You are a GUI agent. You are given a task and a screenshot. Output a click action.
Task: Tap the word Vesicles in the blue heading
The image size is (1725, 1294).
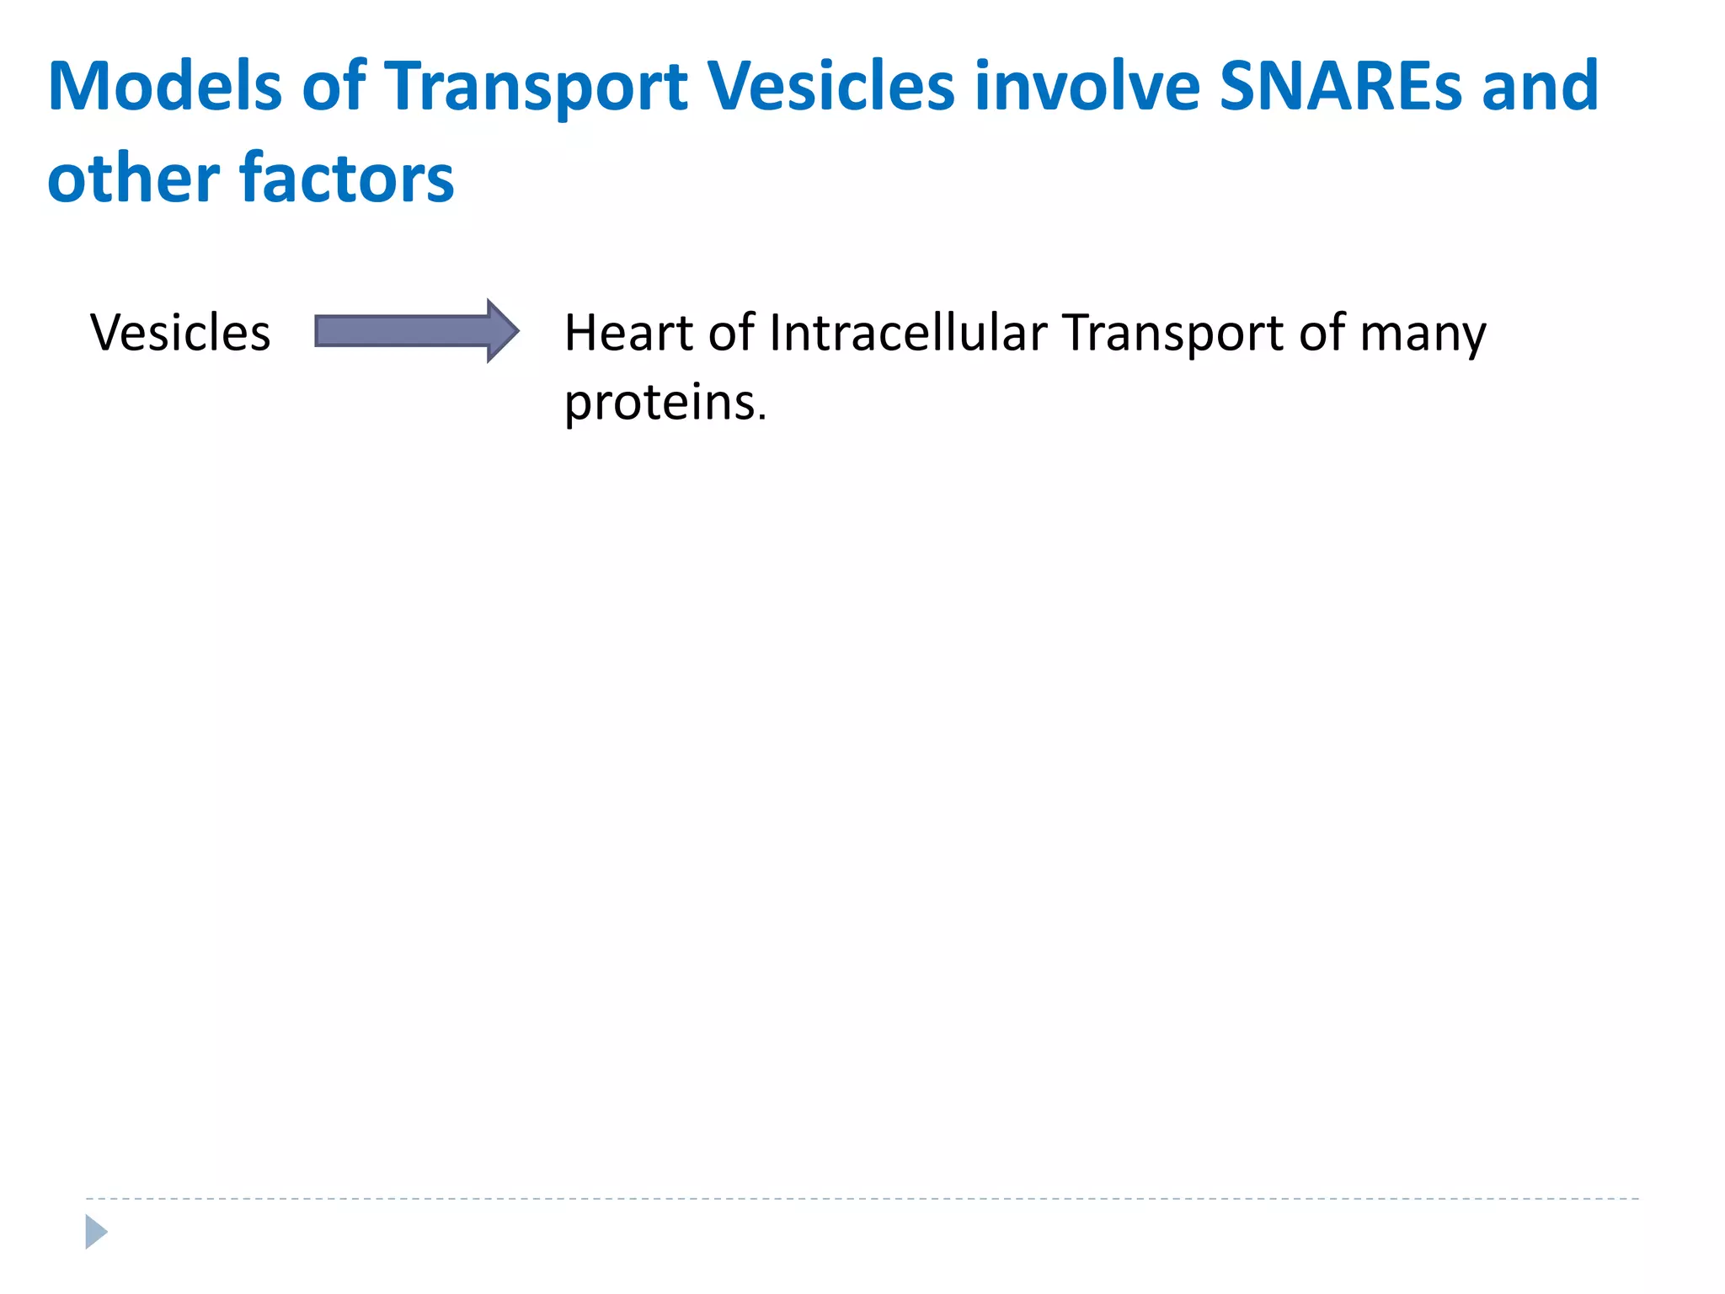point(830,86)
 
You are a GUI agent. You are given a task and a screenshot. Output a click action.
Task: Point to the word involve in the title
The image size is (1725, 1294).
point(1087,86)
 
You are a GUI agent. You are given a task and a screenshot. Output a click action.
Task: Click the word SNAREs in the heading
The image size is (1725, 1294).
point(1340,86)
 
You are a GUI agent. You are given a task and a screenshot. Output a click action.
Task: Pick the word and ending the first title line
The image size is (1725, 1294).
point(1540,86)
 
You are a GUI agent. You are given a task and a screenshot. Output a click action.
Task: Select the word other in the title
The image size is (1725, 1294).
point(133,179)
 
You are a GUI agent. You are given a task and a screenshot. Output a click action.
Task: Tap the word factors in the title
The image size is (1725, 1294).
point(347,179)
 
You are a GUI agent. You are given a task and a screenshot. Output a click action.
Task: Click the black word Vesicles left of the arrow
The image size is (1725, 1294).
point(180,332)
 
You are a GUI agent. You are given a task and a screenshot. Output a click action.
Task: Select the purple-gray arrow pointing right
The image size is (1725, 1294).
point(404,331)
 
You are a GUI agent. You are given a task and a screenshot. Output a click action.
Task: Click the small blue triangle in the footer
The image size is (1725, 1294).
point(95,1232)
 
